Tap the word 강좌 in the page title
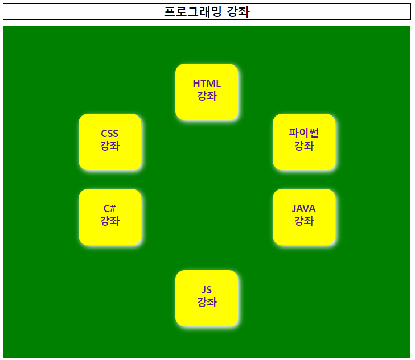coord(238,12)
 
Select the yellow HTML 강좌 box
coord(207,92)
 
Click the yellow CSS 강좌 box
coord(110,142)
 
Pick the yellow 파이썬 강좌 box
coord(304,142)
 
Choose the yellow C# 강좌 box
coord(110,217)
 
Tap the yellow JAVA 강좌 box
coord(304,217)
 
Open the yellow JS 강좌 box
coord(207,298)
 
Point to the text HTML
coord(207,84)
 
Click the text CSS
coord(110,134)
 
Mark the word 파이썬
coord(304,134)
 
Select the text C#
coord(110,209)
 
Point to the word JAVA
coord(304,209)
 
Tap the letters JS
coord(207,290)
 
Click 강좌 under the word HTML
coord(207,97)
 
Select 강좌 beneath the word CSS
coord(110,147)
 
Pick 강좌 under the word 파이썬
coord(304,147)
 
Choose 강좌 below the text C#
coord(110,221)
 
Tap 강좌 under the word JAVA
coord(304,221)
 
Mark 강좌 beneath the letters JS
coord(207,303)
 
